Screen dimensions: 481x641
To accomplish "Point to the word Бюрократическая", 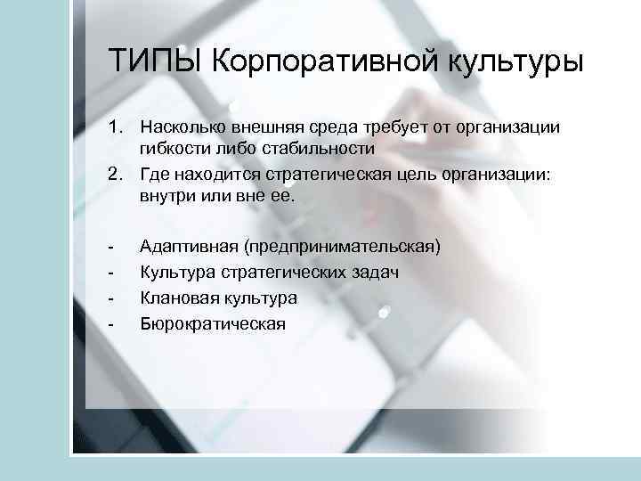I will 213,323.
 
